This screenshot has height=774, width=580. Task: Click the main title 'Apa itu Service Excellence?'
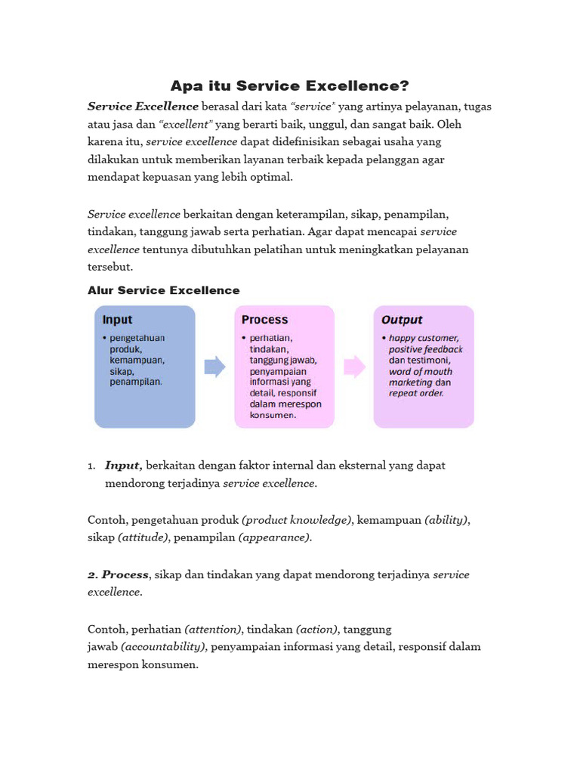click(290, 85)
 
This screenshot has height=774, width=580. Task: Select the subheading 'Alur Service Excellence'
click(164, 290)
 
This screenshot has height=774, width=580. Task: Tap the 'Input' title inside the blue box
click(118, 320)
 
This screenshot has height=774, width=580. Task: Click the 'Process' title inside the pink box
click(264, 320)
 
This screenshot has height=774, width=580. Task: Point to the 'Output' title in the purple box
click(402, 320)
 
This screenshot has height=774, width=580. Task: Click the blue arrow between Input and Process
click(215, 367)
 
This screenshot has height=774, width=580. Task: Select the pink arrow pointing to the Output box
click(354, 367)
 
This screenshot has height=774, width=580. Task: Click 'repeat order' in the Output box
click(416, 393)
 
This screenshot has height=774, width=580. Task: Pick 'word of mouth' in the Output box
click(421, 371)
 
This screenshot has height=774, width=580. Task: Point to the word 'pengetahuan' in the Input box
click(137, 339)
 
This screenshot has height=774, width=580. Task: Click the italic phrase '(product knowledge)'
click(297, 520)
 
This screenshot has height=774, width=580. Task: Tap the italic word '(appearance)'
click(274, 537)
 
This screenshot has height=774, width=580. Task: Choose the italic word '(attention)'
click(213, 629)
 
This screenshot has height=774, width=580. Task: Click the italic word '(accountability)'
click(164, 647)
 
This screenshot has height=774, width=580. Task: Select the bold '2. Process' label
click(119, 574)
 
